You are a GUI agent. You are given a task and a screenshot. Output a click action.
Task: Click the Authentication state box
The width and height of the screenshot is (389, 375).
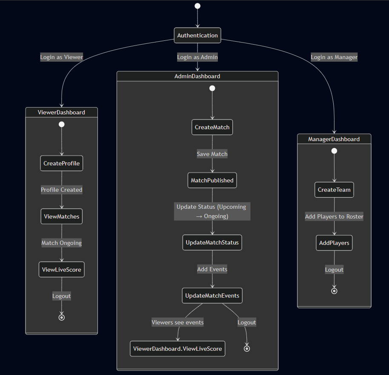197,35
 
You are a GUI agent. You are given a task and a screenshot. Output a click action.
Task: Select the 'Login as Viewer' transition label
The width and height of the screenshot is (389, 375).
61,57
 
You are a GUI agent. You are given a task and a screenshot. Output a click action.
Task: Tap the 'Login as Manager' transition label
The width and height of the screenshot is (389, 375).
334,57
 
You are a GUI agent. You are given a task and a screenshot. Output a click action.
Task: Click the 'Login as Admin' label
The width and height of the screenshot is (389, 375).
197,57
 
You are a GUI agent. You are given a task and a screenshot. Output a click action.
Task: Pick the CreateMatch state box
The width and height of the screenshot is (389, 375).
212,127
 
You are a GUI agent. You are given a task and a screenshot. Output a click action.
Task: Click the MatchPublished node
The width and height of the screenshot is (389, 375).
212,180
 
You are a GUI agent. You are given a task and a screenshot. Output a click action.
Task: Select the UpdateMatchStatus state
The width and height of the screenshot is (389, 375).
212,243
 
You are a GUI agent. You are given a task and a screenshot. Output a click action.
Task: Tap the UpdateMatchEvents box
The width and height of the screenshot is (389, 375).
212,295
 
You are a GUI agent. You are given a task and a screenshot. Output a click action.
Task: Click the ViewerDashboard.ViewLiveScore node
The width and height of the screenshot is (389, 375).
177,349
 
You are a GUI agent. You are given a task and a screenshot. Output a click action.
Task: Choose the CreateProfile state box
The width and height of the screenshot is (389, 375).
62,163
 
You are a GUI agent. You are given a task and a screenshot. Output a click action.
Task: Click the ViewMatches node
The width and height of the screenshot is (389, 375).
62,216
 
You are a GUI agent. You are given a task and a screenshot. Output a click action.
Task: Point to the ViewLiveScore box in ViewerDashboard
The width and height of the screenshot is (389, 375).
62,270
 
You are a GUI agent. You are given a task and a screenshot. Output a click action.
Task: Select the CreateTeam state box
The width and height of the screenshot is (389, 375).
334,190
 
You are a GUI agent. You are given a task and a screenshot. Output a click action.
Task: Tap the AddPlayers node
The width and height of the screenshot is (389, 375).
334,243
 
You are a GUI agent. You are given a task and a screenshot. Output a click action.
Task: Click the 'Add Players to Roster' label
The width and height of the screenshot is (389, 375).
334,216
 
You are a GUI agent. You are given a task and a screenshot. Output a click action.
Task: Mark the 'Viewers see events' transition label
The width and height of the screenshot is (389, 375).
177,322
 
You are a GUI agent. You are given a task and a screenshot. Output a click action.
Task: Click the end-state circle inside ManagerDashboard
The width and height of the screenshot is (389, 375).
334,291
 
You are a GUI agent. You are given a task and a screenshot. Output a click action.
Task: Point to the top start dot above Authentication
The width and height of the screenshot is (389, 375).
197,6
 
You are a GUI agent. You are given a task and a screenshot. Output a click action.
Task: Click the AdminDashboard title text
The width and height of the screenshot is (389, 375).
197,76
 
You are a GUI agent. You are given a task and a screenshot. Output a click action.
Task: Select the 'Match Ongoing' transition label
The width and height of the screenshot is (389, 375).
62,243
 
